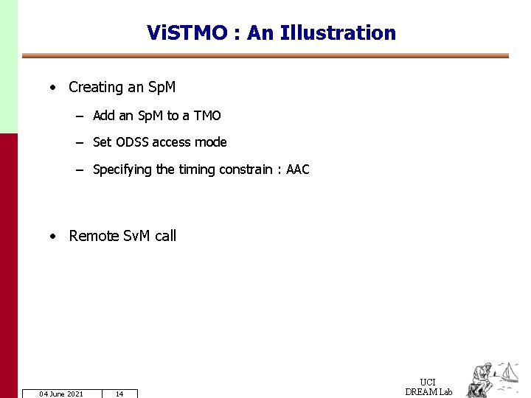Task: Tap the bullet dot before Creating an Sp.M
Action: (53, 88)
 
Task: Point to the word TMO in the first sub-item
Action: (207, 116)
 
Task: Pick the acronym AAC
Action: (298, 170)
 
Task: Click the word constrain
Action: (246, 170)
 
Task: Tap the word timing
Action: (195, 170)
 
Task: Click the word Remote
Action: (94, 236)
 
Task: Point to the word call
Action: (166, 236)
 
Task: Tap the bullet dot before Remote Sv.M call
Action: (53, 237)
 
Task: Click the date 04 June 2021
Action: (61, 394)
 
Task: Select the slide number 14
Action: (119, 394)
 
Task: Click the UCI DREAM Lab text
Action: (428, 387)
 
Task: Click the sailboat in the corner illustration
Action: (510, 371)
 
